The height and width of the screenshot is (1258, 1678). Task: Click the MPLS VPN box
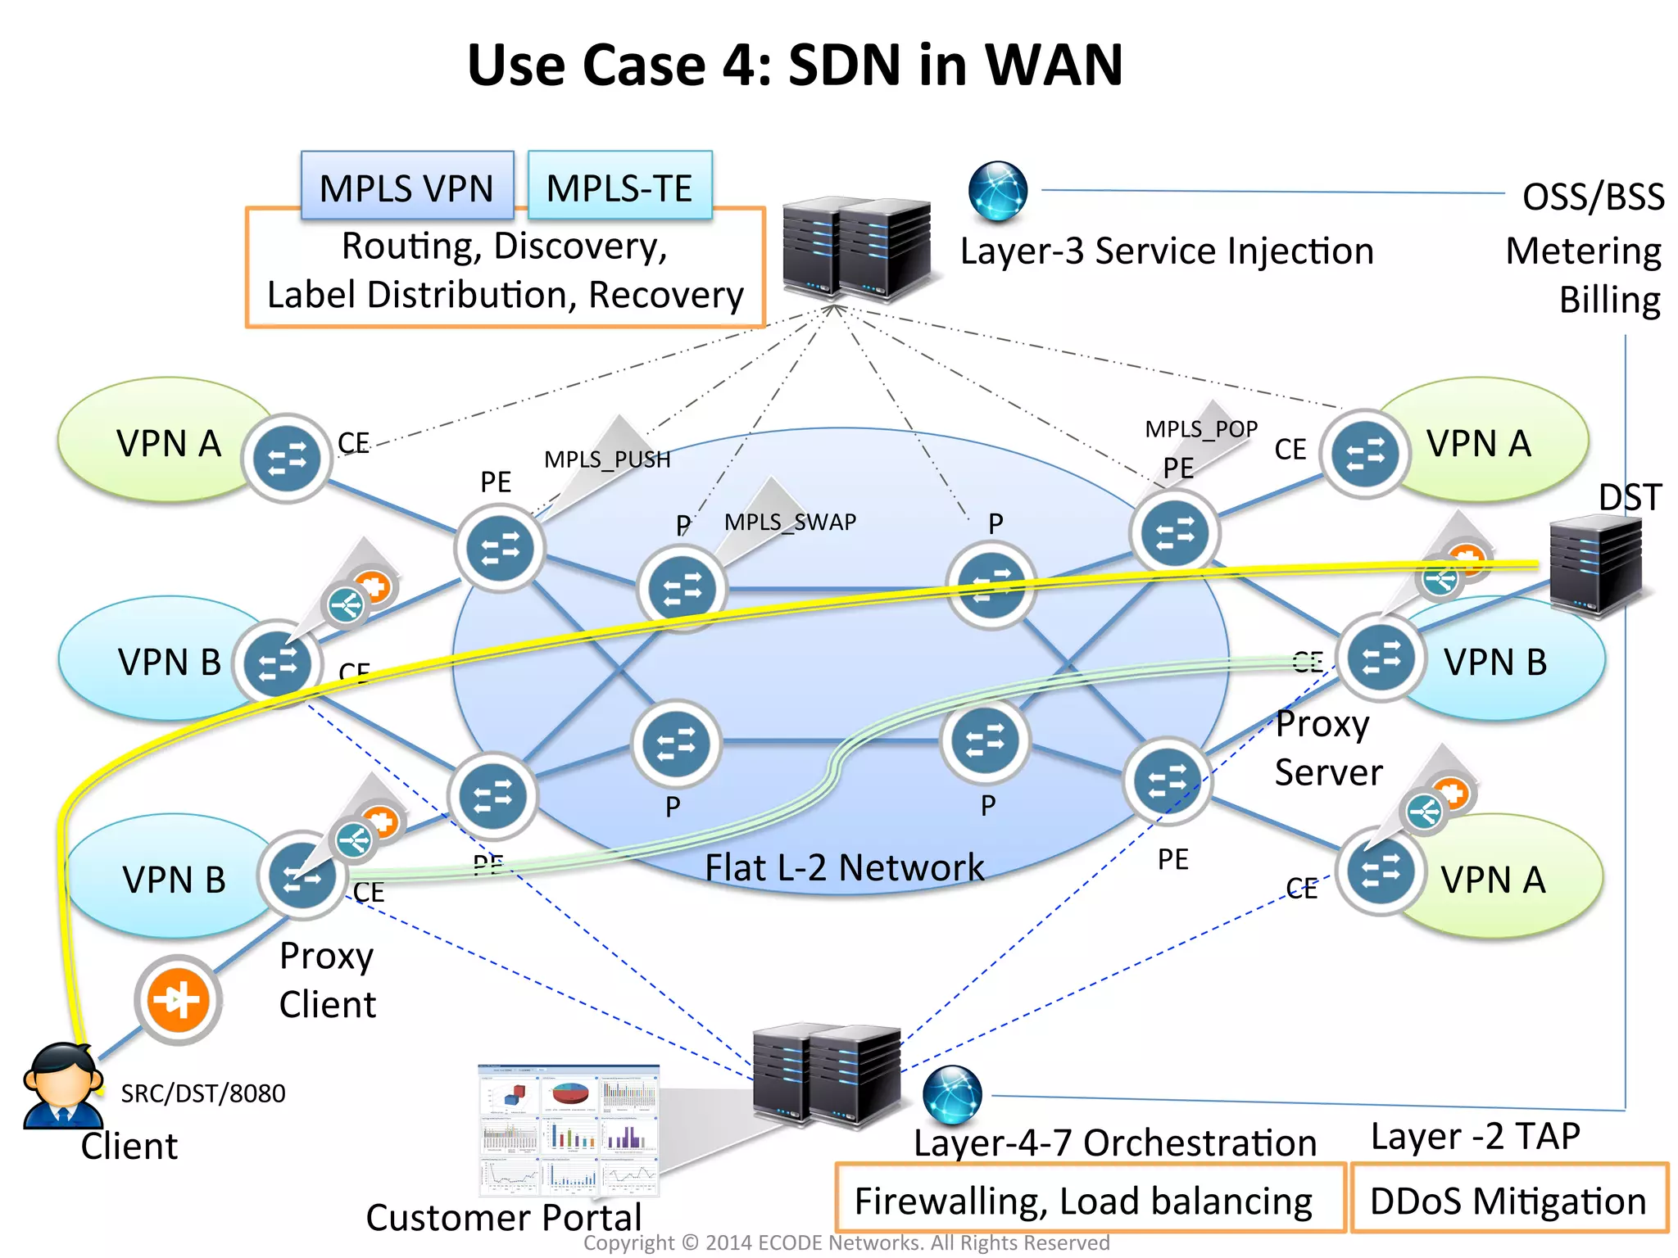(406, 187)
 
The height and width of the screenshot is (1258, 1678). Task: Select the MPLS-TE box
(619, 187)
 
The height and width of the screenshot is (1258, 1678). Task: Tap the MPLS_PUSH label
(607, 459)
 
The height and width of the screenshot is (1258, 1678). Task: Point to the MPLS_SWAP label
(790, 522)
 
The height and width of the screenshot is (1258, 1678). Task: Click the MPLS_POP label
(1200, 429)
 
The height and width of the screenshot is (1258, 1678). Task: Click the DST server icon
(1594, 568)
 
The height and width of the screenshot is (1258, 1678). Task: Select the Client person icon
(62, 1086)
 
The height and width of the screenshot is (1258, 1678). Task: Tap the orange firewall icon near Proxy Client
(178, 1000)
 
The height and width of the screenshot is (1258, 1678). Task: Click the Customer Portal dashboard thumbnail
(569, 1130)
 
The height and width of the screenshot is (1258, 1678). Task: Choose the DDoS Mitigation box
(1508, 1201)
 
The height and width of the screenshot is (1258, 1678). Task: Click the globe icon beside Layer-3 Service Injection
(997, 191)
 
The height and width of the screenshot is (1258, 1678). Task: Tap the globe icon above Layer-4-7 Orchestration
(951, 1095)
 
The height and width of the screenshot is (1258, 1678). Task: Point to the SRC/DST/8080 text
(203, 1093)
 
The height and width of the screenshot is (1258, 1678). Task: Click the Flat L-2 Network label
(844, 867)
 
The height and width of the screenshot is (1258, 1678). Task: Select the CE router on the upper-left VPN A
(287, 459)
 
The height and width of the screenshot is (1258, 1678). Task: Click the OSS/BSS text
(1592, 197)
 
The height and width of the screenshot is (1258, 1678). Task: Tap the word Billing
(1608, 300)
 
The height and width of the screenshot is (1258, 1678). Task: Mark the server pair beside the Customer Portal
(826, 1075)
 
